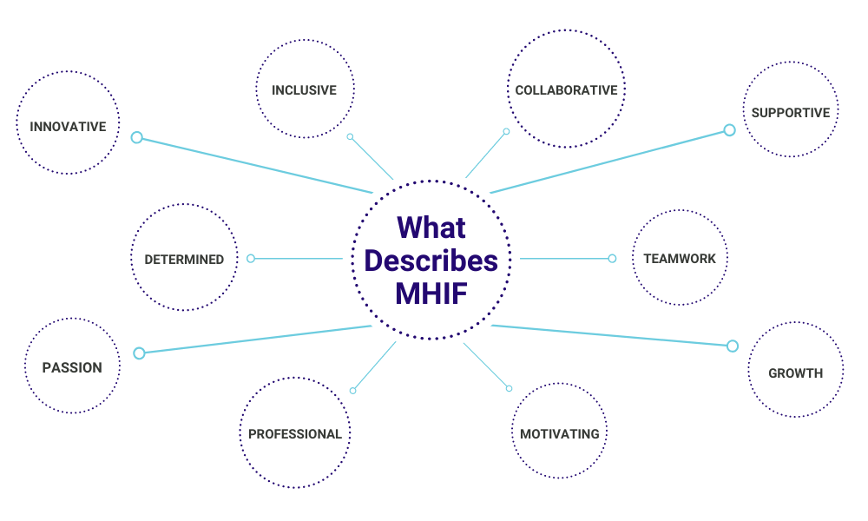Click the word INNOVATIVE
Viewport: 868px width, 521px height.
tap(68, 127)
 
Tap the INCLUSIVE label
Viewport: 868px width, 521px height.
tap(304, 90)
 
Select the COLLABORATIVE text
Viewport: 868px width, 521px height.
tap(566, 90)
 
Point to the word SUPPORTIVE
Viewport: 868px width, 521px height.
tap(791, 113)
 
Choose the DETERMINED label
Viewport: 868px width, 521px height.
tap(184, 259)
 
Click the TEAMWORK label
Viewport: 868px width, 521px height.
tap(679, 259)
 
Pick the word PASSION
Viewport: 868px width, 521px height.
tap(72, 368)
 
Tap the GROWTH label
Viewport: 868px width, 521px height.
tap(795, 373)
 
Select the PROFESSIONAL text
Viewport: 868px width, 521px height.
tap(295, 434)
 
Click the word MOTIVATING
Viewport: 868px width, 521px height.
tap(560, 434)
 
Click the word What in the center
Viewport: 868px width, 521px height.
tap(431, 228)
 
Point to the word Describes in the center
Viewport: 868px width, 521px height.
tap(431, 260)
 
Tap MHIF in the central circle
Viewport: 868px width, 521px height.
tap(431, 293)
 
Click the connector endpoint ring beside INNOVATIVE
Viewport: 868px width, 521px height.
tap(136, 137)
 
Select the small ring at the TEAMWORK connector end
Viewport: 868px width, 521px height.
tap(612, 258)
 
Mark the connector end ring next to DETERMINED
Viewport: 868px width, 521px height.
tap(251, 258)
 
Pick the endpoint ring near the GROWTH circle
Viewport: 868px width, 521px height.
tap(732, 346)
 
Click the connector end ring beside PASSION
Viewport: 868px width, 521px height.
tap(139, 353)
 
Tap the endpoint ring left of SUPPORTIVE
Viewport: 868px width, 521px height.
tap(729, 130)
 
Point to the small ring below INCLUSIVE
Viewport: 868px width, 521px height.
tap(350, 136)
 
